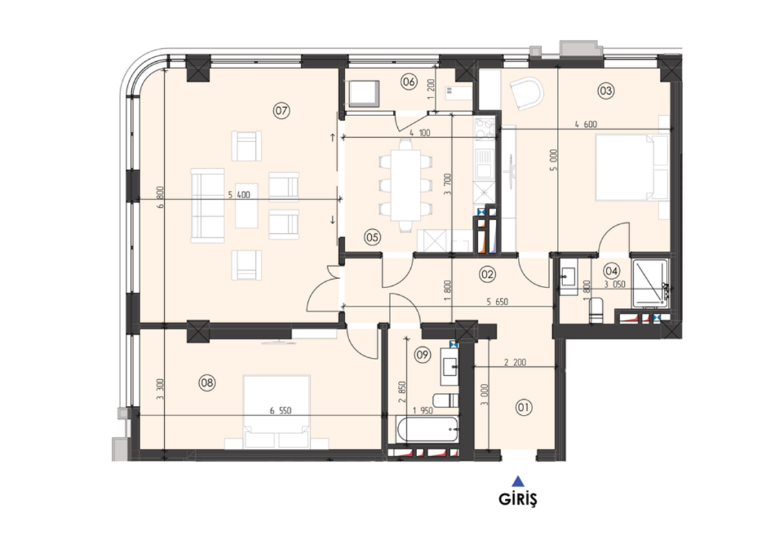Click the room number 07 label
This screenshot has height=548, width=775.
click(x=281, y=111)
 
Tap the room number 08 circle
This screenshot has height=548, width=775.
click(x=207, y=382)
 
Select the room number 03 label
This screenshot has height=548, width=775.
click(x=606, y=91)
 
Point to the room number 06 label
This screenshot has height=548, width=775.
click(x=410, y=82)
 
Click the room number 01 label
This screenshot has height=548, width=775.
click(x=524, y=408)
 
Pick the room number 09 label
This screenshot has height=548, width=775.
click(x=422, y=355)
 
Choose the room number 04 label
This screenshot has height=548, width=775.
click(x=612, y=271)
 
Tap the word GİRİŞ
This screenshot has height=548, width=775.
click(x=517, y=500)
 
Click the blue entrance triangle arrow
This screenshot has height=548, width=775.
click(x=518, y=481)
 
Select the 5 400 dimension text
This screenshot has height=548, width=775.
click(x=239, y=195)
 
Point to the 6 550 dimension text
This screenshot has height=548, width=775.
click(x=281, y=411)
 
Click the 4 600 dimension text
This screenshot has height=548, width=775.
click(x=586, y=125)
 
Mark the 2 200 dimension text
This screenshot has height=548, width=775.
click(x=515, y=362)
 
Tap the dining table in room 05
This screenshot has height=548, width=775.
click(x=406, y=185)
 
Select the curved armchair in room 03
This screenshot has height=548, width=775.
click(x=527, y=95)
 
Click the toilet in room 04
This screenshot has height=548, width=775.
click(x=596, y=312)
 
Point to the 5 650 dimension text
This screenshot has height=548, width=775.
click(x=498, y=302)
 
